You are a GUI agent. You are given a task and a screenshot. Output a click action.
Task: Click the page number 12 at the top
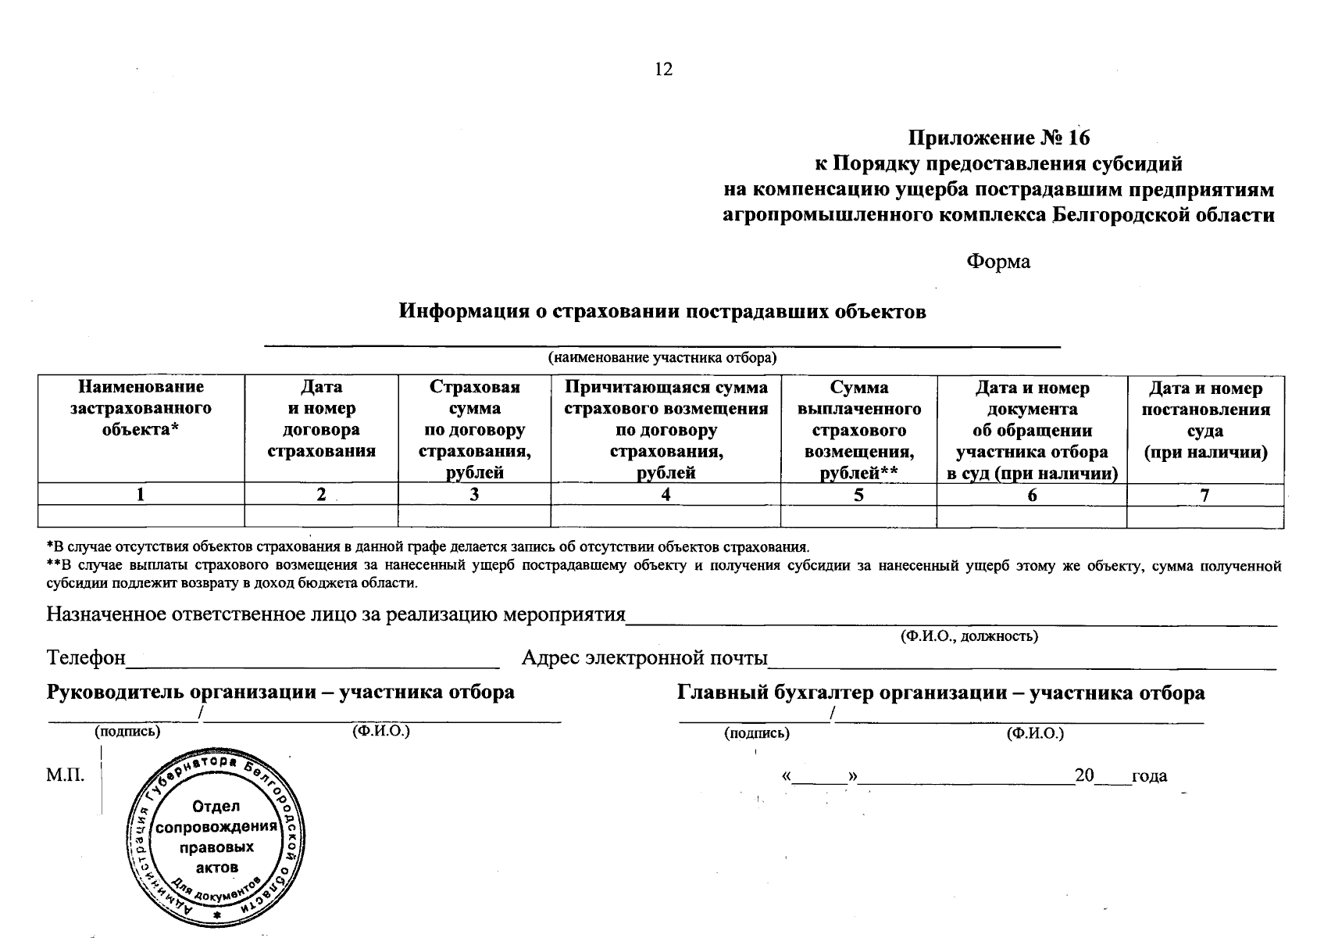(x=663, y=70)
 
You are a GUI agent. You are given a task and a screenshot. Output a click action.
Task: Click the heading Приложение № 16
(x=998, y=138)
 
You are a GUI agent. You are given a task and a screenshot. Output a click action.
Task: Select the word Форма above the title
(x=998, y=262)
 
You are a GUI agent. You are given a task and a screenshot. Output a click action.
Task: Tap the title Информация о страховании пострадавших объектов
(x=662, y=312)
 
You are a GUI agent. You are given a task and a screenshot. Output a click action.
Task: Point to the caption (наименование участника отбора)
(x=662, y=359)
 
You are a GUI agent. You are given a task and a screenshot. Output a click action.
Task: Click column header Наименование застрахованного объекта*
(x=141, y=408)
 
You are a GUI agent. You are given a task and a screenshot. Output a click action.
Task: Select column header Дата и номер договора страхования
(x=321, y=419)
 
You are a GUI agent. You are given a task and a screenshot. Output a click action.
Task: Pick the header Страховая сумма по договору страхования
(x=474, y=429)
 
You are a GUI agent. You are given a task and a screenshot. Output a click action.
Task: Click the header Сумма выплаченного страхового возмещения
(x=858, y=430)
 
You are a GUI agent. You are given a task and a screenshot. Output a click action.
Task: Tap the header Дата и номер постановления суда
(x=1205, y=420)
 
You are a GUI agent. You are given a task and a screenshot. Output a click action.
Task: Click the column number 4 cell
(x=666, y=495)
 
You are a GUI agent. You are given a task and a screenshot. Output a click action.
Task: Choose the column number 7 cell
(x=1205, y=495)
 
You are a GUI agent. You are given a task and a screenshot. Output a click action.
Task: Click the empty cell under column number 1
(x=141, y=517)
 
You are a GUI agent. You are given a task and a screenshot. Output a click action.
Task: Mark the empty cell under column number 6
(x=1031, y=517)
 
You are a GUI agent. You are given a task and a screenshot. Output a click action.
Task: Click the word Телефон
(x=86, y=658)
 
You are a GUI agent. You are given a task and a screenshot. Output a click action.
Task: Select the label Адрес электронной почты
(x=644, y=658)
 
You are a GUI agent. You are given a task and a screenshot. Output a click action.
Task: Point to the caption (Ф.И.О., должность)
(x=969, y=636)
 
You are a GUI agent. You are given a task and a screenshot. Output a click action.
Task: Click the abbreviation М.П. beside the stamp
(x=65, y=776)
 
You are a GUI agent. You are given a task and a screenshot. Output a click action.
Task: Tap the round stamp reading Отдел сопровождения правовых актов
(x=216, y=838)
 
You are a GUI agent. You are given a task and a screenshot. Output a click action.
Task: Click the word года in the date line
(x=1149, y=776)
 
